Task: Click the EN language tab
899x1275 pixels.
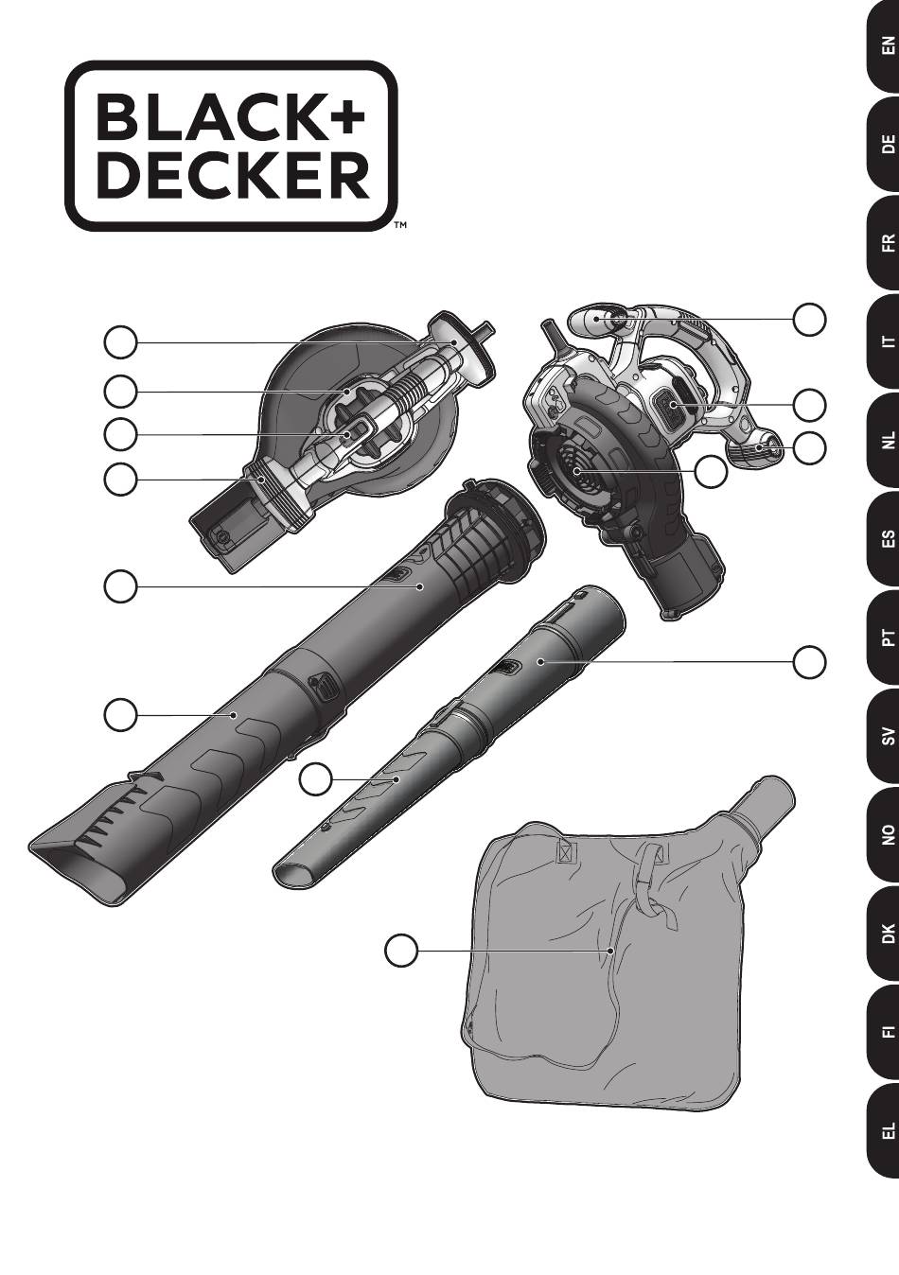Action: (x=883, y=45)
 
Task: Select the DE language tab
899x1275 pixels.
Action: (x=883, y=144)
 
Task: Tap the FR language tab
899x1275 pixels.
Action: (x=883, y=243)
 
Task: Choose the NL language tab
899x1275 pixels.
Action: (x=883, y=440)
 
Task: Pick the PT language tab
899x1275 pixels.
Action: (x=883, y=637)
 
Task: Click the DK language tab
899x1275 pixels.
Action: (x=883, y=934)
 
